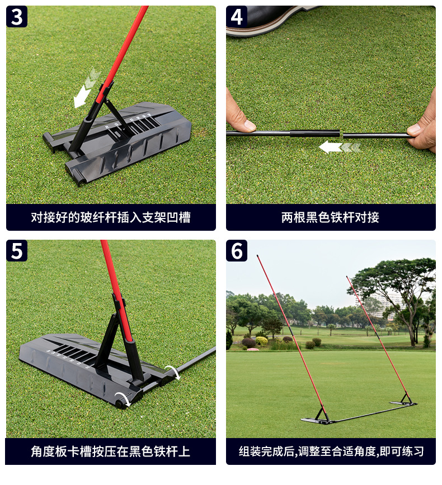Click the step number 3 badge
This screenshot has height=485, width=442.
pyautogui.click(x=17, y=17)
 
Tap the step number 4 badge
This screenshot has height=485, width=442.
pyautogui.click(x=237, y=17)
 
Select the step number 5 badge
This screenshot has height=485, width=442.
pyautogui.click(x=17, y=250)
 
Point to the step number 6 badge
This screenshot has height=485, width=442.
pyautogui.click(x=237, y=250)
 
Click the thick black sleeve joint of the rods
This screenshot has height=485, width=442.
pyautogui.click(x=314, y=134)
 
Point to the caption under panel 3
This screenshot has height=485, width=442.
pyautogui.click(x=111, y=217)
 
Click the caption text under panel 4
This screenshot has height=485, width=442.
pyautogui.click(x=331, y=217)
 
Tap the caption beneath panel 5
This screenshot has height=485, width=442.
pyautogui.click(x=111, y=451)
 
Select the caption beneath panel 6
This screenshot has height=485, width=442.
pyautogui.click(x=331, y=451)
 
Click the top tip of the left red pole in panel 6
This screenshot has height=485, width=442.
pyautogui.click(x=257, y=256)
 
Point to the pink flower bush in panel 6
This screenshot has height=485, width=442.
pyautogui.click(x=253, y=349)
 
